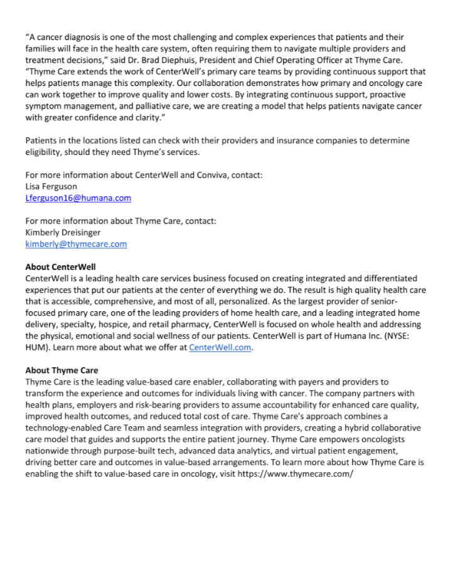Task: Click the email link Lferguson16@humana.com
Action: (x=78, y=198)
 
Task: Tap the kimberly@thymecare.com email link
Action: (x=76, y=244)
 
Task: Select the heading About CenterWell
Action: (x=60, y=267)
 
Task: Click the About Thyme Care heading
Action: (x=61, y=370)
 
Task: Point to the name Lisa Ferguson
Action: (x=51, y=186)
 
